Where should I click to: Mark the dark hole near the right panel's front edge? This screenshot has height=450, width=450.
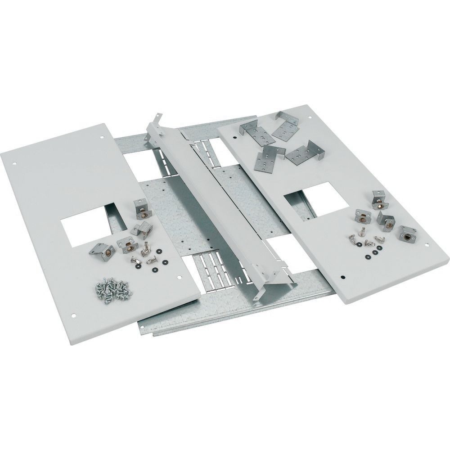point(343,278)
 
